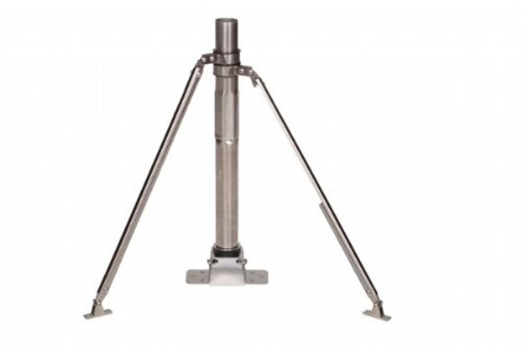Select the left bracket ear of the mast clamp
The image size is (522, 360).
(x=202, y=64)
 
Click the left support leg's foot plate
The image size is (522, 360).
(x=97, y=312)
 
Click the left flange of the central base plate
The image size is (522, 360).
(x=197, y=274)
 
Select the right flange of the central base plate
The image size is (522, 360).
(x=258, y=274)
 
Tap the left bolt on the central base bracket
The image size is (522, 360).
(x=212, y=261)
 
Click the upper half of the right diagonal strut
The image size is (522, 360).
(x=284, y=126)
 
